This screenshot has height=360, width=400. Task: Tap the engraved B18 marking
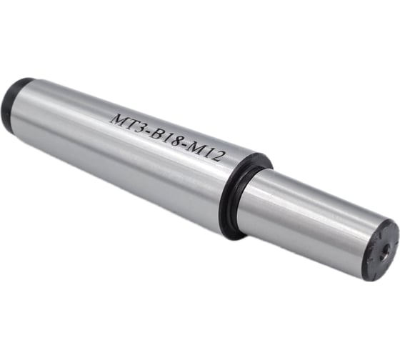click(x=166, y=138)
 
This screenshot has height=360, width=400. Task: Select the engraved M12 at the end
click(x=207, y=153)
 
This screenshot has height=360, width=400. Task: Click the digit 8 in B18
click(x=178, y=142)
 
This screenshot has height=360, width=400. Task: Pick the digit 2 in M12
click(x=221, y=157)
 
